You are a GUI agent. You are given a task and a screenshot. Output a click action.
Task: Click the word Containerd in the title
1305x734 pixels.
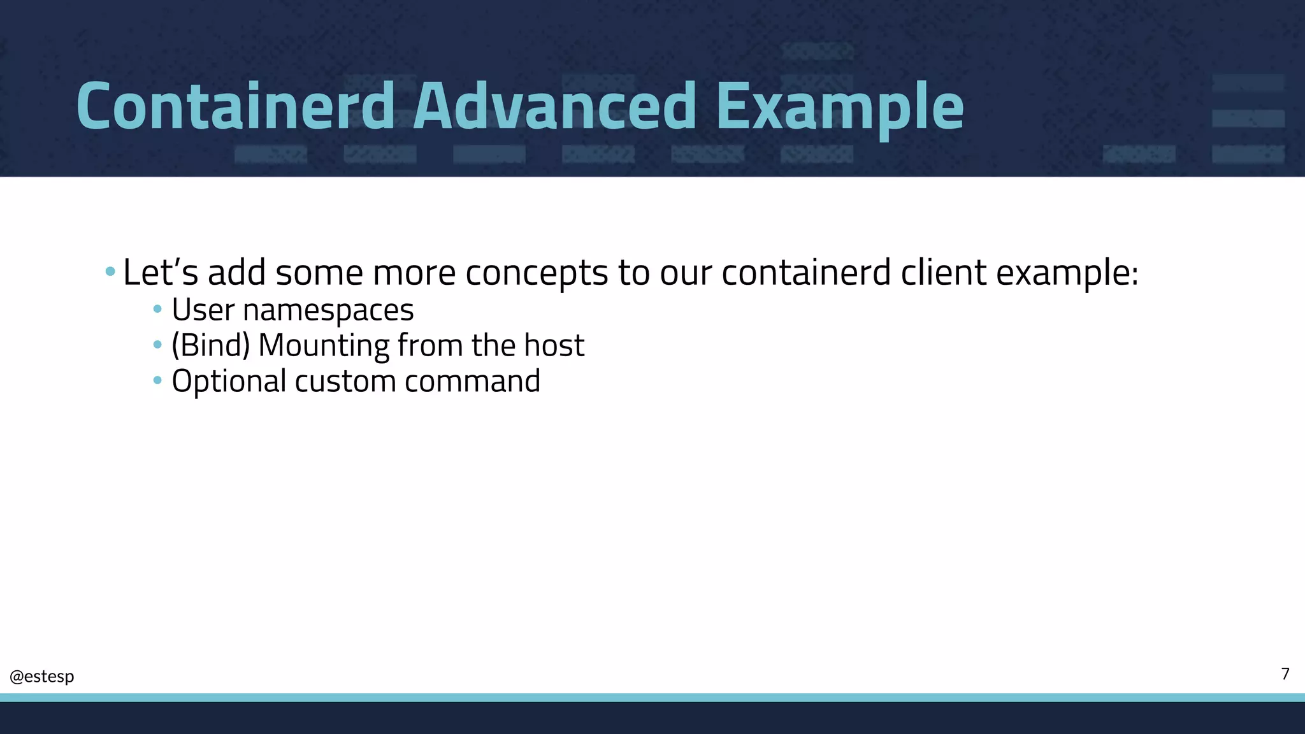(235, 106)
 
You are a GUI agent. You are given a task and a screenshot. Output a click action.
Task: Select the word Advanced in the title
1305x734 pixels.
(554, 106)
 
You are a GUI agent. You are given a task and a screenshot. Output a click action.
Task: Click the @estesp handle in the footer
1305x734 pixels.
(42, 676)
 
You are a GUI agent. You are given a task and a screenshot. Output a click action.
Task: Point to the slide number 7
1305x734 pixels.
(1285, 674)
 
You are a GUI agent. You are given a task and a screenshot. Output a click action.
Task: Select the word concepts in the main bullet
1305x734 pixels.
(537, 273)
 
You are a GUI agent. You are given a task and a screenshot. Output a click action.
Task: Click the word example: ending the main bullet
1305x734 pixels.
(1067, 273)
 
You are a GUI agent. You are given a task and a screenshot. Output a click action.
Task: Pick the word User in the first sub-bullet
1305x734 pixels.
(203, 310)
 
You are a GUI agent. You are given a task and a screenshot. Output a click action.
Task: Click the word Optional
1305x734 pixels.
(229, 382)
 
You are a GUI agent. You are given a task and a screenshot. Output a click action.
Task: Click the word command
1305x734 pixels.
(472, 381)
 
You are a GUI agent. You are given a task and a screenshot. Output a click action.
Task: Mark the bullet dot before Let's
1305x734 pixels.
(110, 272)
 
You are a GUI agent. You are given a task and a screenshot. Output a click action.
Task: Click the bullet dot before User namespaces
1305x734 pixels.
(157, 310)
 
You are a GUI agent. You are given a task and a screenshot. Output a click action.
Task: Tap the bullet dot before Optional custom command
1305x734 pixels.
(157, 381)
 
